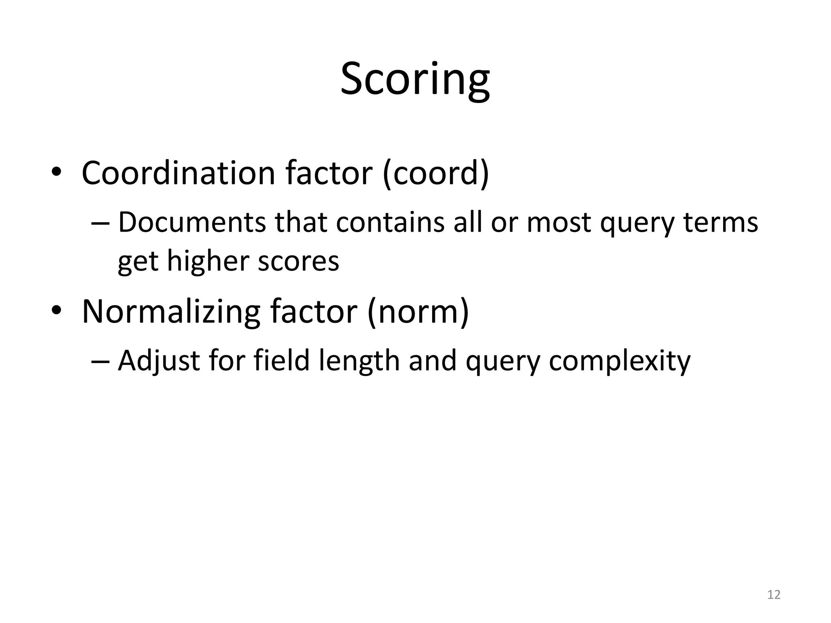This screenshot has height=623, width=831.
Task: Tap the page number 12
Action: tap(774, 595)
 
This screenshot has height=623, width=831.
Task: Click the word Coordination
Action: tap(179, 173)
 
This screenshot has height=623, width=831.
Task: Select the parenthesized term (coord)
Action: tap(436, 173)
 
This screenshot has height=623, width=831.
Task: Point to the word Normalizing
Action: tap(171, 311)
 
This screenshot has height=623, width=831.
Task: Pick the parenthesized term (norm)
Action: tap(418, 311)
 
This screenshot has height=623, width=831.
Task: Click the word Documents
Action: tap(192, 223)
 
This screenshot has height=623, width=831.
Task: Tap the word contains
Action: tap(390, 223)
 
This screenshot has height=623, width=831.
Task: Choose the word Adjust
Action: tap(159, 361)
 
